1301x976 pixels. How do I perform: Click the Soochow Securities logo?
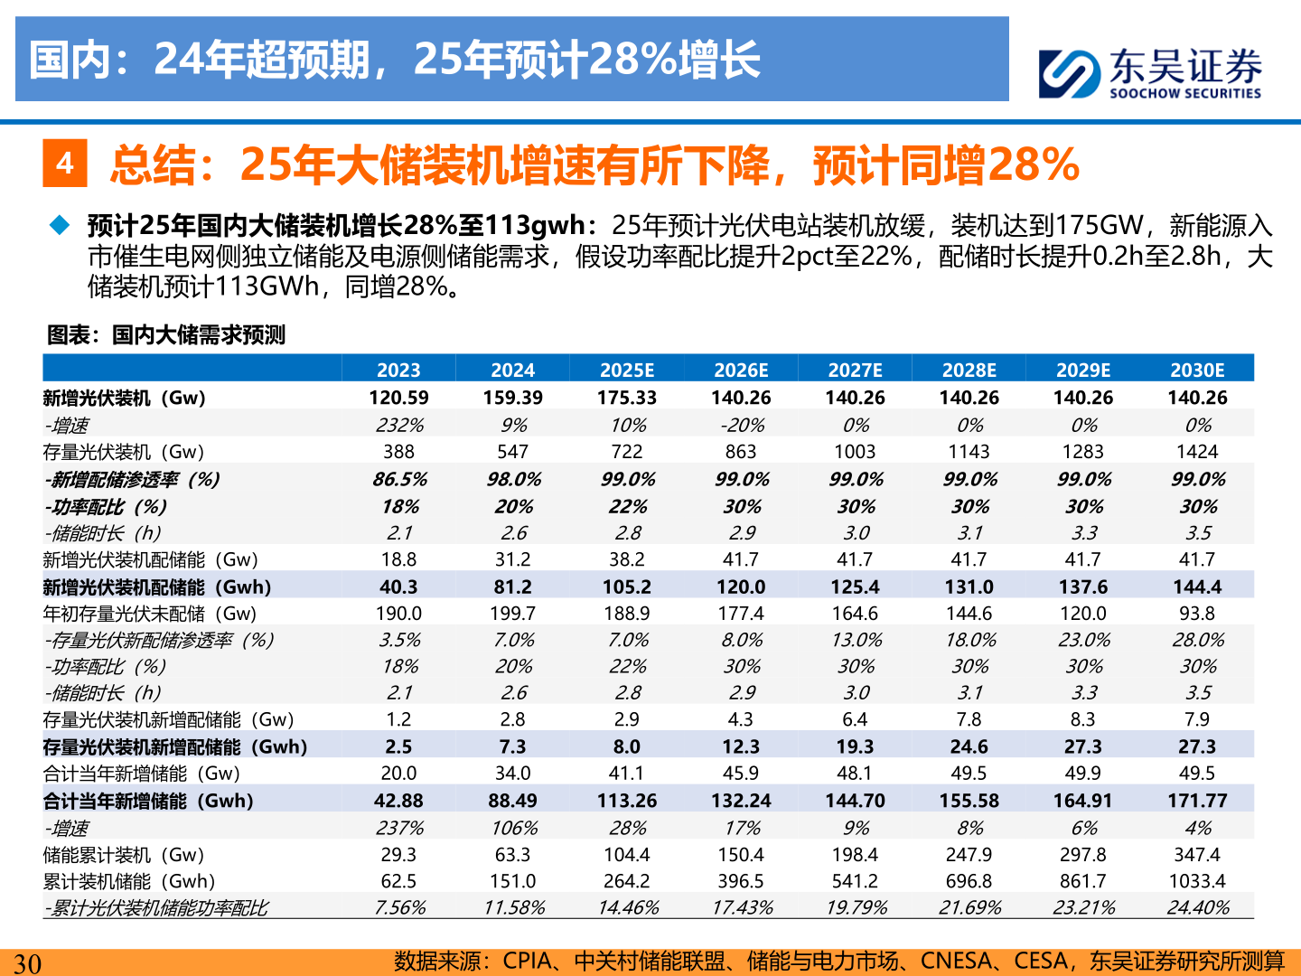pos(1149,72)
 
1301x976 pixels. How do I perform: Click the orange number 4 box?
pos(65,164)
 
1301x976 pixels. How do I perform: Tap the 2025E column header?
pos(627,370)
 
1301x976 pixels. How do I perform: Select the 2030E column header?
pos(1197,370)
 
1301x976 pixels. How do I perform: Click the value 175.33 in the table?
pos(627,398)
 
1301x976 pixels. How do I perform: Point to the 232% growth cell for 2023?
pos(399,425)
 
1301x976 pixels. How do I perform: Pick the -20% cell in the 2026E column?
pos(742,425)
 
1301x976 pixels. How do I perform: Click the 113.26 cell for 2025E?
pos(627,801)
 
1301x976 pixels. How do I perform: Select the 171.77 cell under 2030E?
pos(1197,801)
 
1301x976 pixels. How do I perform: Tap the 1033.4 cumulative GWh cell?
pos(1197,881)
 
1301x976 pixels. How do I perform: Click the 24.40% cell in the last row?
pos(1197,907)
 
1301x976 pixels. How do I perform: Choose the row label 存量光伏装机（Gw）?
pos(124,452)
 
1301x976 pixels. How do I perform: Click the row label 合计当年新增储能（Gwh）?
pos(148,801)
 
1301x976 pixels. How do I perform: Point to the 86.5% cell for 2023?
pos(399,479)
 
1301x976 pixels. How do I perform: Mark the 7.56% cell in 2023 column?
pos(399,907)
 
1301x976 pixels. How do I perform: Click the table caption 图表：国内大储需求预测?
pos(166,335)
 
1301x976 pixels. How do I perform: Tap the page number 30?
pos(27,963)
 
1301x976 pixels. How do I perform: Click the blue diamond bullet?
pos(61,225)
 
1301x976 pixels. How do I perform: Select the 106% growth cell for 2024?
pos(513,828)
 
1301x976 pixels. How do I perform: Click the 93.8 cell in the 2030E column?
pos(1197,614)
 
